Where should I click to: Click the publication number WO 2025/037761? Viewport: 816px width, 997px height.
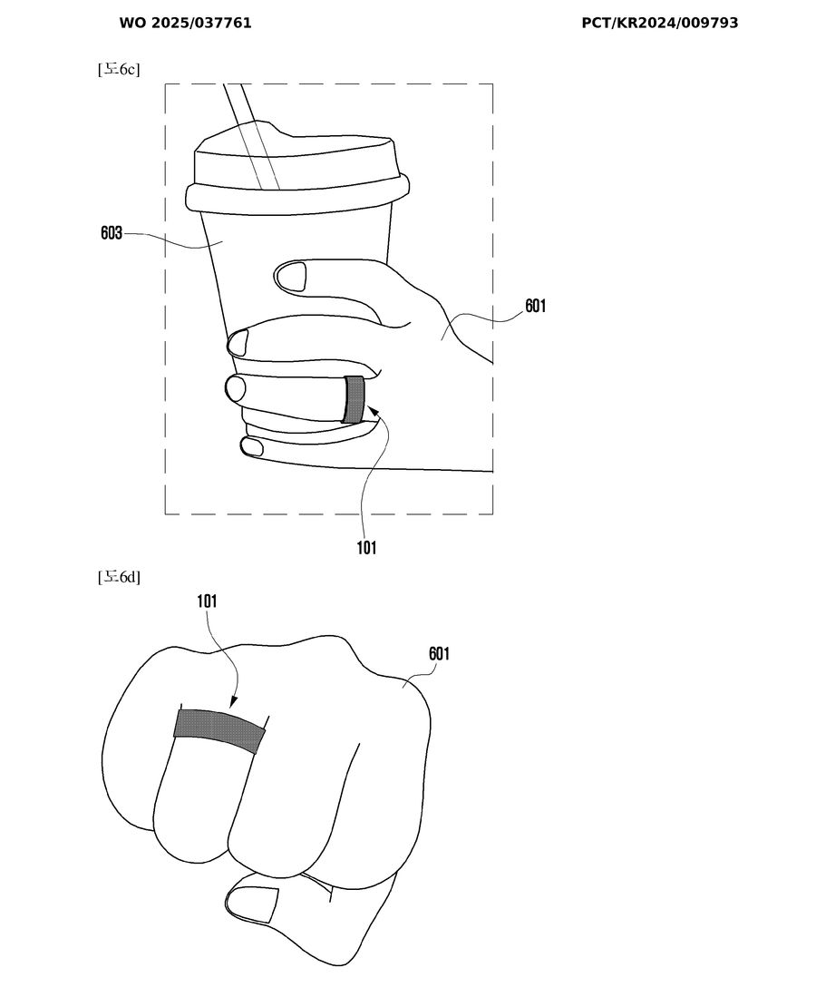point(186,23)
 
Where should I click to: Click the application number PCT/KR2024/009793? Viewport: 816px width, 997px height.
point(660,23)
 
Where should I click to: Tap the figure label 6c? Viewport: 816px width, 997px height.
point(119,69)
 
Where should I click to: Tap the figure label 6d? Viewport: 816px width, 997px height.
point(119,577)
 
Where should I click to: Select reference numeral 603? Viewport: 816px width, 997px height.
point(112,233)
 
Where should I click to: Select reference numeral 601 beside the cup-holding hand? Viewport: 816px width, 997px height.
point(535,306)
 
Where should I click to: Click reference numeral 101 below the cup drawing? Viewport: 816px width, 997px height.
point(366,547)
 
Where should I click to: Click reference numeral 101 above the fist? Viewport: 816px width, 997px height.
point(208,601)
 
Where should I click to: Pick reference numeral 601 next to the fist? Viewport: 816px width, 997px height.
point(439,654)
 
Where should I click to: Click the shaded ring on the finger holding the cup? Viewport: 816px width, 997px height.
point(354,399)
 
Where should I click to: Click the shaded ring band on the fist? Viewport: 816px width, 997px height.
point(220,730)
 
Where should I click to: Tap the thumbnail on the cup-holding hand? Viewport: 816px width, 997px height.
point(291,278)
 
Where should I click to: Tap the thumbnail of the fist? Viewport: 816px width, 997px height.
point(253,904)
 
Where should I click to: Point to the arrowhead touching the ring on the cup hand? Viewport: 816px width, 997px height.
point(373,414)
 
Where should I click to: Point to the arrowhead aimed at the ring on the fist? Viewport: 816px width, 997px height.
point(233,701)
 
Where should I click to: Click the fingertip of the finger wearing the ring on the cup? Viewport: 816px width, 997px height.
point(235,388)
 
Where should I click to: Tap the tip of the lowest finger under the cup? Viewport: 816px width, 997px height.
point(251,446)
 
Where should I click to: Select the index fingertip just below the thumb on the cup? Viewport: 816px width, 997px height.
point(238,344)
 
